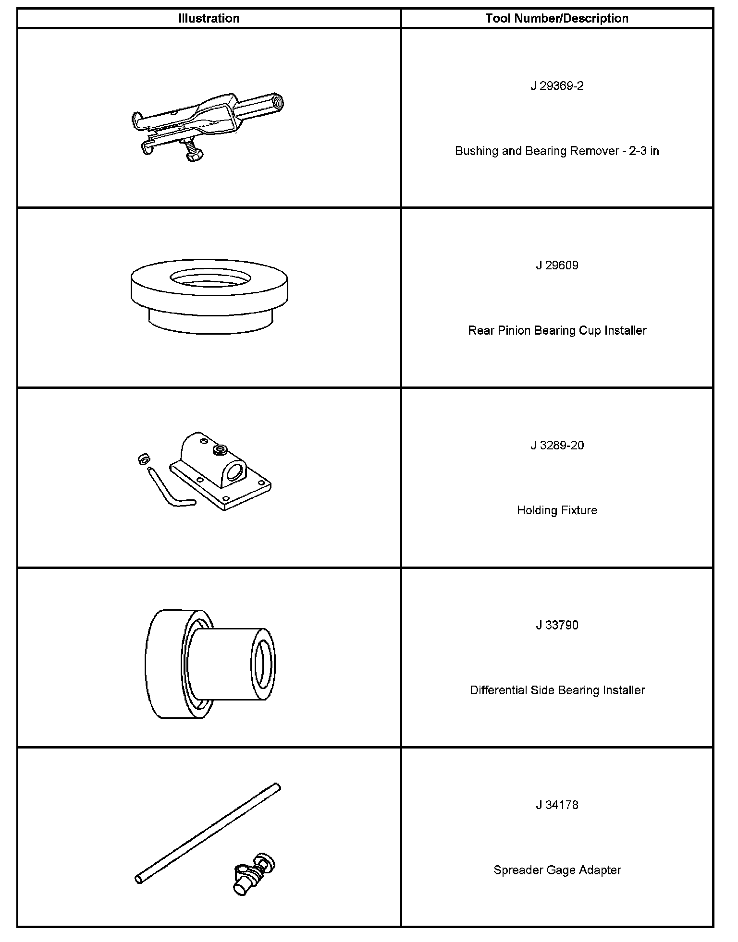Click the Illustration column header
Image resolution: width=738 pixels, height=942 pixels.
(209, 19)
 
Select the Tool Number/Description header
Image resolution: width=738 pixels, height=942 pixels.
(557, 19)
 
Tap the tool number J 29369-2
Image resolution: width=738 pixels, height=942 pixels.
(557, 86)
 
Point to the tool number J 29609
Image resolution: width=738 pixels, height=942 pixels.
(557, 266)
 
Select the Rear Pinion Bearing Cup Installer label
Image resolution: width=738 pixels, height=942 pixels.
(557, 331)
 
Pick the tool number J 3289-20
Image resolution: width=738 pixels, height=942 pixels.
(557, 446)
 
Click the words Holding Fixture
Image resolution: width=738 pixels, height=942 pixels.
(557, 510)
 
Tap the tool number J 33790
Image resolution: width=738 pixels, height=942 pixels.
(557, 625)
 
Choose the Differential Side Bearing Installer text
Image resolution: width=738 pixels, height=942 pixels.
(557, 690)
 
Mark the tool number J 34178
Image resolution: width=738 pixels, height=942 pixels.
(557, 805)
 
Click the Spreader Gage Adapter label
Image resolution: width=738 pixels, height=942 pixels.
(557, 870)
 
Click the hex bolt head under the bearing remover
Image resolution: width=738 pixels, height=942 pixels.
(194, 156)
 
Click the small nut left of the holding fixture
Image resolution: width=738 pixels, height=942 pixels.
(142, 459)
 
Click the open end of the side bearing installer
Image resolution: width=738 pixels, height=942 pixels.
(263, 664)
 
